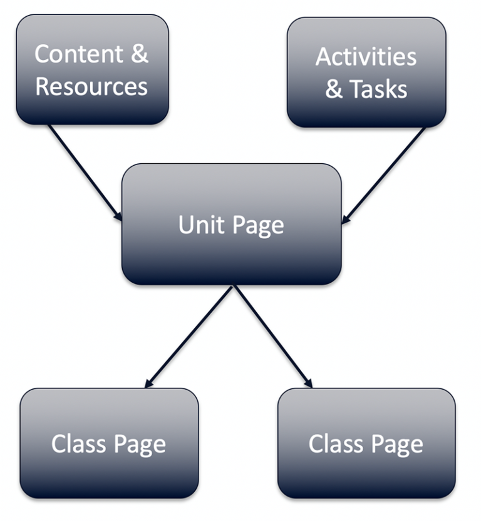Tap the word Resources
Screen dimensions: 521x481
click(x=91, y=86)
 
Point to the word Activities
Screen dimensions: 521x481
click(x=366, y=57)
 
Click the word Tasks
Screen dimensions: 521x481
click(x=378, y=89)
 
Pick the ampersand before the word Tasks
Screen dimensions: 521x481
click(x=334, y=89)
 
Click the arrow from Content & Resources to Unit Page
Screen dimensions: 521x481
click(x=85, y=171)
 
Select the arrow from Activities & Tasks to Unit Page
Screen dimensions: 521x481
click(x=383, y=175)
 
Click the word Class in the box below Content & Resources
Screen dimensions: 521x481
click(x=79, y=444)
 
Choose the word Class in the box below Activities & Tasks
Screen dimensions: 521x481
click(x=336, y=444)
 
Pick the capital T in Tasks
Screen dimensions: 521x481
click(x=356, y=89)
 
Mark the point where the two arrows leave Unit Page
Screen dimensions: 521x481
click(x=233, y=286)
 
